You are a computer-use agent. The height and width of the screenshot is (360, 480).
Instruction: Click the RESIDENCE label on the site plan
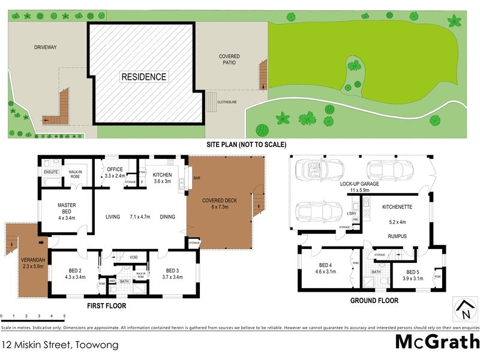144,77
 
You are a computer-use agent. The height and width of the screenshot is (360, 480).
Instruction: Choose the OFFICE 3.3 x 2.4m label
115,173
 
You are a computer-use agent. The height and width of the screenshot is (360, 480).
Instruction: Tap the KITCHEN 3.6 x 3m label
162,178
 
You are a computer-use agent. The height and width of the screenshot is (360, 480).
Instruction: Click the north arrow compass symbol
464,310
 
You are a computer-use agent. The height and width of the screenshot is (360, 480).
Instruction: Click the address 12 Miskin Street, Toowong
59,345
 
